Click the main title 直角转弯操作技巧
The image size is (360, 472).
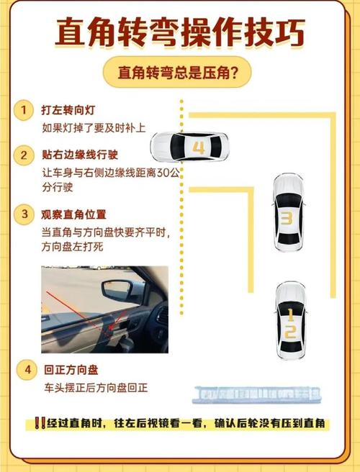(179, 33)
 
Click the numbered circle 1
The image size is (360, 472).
(25, 110)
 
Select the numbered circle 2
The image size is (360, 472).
(25, 155)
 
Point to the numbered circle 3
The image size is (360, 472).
(25, 214)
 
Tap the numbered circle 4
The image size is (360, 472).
(27, 370)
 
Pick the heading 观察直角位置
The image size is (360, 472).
(75, 214)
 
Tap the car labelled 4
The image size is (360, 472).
(191, 146)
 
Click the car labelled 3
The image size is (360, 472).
(286, 214)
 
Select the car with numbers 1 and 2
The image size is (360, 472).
(289, 322)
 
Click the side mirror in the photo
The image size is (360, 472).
(119, 289)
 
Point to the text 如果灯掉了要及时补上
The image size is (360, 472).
(94, 128)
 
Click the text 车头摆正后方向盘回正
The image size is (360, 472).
(96, 387)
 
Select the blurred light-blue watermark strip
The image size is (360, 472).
(257, 393)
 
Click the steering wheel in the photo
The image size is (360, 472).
(161, 317)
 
